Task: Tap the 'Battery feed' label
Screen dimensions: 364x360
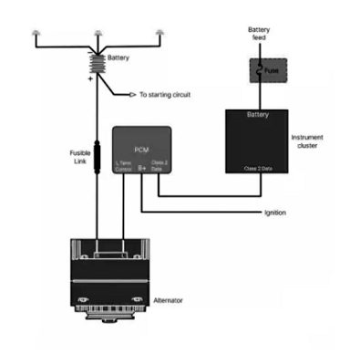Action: tap(258, 34)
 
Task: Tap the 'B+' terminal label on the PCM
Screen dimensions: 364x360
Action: tap(141, 168)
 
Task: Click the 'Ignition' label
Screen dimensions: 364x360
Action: tap(274, 213)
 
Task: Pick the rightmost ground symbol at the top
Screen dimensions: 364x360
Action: tap(160, 33)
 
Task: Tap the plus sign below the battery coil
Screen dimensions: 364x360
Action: tap(89, 80)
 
